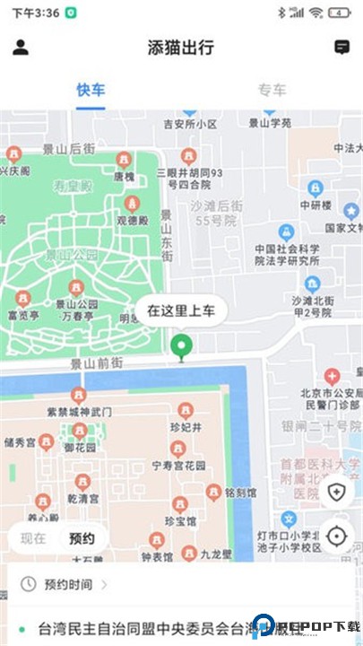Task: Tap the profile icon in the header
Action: (21, 48)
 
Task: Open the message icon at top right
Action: (341, 48)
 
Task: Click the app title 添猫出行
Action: (181, 48)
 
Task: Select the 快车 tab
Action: (91, 90)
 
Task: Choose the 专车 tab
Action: (272, 90)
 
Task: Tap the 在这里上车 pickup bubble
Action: (181, 311)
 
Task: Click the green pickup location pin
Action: (182, 346)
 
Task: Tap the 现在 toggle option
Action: (33, 538)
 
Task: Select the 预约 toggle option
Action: (82, 538)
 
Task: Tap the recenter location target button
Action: (336, 537)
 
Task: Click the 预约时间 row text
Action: (68, 584)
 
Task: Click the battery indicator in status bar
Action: (339, 13)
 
